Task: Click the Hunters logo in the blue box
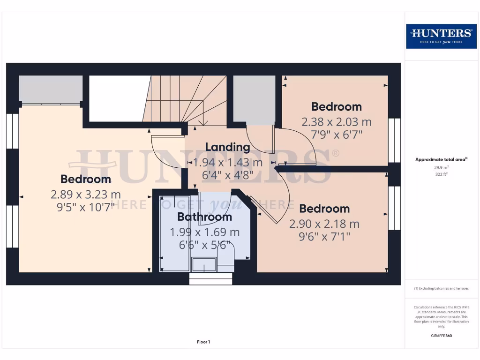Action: (x=441, y=36)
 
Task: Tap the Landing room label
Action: (x=227, y=147)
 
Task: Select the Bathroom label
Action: (x=204, y=217)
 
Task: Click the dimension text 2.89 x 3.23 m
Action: (x=86, y=194)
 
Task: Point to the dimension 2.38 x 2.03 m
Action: (x=337, y=122)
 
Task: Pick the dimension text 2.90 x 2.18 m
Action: (x=324, y=224)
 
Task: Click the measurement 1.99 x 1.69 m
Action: (x=204, y=232)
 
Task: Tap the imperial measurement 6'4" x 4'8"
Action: (x=227, y=176)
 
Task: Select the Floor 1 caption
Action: (x=203, y=342)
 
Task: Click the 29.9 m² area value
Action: (x=441, y=167)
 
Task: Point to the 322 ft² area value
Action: (x=441, y=174)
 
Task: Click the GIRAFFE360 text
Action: (x=441, y=336)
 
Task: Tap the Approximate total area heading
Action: (x=441, y=160)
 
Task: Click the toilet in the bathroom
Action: (x=225, y=261)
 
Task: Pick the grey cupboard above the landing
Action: (x=254, y=100)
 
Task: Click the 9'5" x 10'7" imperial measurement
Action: (x=86, y=207)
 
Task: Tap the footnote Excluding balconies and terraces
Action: (x=441, y=289)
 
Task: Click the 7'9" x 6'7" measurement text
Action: (x=337, y=135)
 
